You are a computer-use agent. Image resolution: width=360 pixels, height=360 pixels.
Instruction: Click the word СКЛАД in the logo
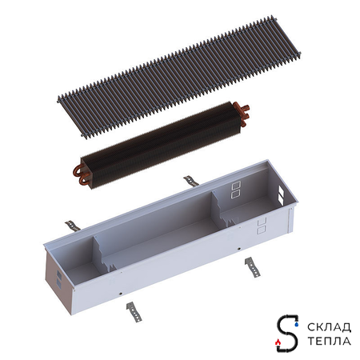point(329,327)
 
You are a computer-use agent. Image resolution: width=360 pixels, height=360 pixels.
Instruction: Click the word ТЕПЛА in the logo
point(330,341)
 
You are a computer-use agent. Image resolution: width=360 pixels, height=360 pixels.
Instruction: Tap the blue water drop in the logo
point(297,325)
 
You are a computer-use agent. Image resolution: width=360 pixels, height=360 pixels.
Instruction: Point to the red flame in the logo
point(278,342)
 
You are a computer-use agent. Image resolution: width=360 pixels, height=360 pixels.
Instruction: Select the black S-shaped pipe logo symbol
point(287,333)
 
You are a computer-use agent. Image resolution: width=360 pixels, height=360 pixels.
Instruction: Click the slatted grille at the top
point(179,78)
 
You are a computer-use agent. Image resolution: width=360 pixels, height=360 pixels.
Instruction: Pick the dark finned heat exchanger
point(162,145)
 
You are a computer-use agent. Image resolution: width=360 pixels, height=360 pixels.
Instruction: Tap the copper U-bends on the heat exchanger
point(80,174)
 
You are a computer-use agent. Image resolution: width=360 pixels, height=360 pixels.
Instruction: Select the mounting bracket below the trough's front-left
point(134,312)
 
